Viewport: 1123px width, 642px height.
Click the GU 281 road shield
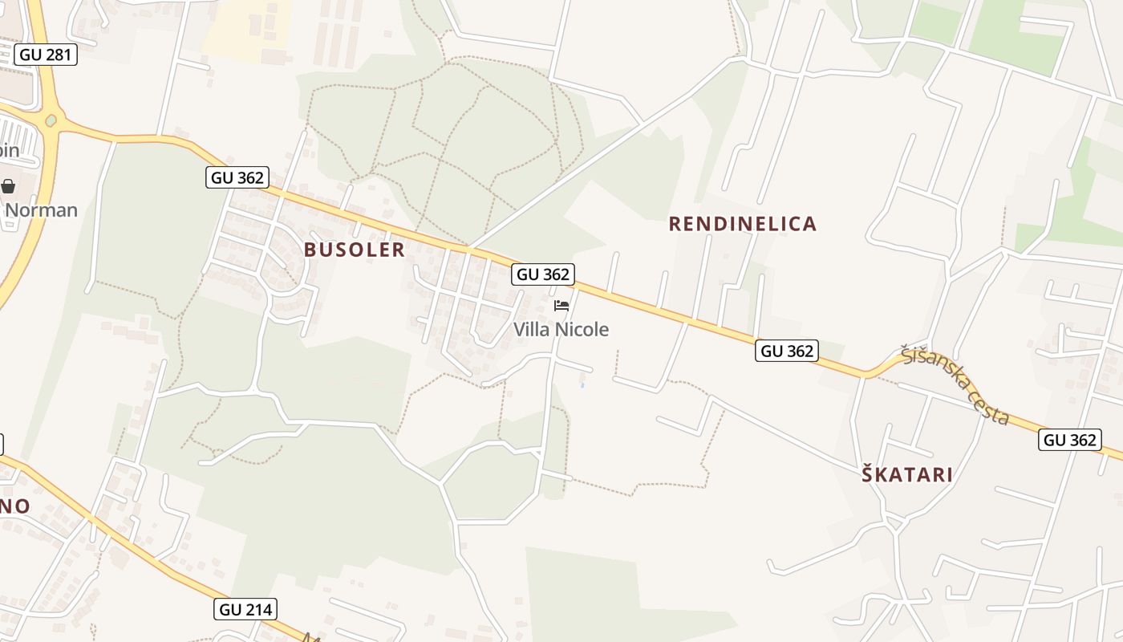(46, 55)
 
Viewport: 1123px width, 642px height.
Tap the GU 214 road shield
(246, 609)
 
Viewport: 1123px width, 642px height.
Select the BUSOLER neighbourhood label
(355, 250)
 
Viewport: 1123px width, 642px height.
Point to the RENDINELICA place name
(743, 224)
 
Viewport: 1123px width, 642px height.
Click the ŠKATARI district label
(907, 474)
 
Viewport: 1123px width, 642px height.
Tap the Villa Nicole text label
(561, 329)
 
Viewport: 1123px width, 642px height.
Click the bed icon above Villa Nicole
(561, 306)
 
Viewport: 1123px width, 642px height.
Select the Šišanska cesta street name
(955, 384)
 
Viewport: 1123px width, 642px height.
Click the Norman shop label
(41, 210)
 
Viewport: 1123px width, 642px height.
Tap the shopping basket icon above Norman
(8, 187)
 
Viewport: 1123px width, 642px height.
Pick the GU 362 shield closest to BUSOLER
(237, 177)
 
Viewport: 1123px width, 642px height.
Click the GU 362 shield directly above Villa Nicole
(543, 274)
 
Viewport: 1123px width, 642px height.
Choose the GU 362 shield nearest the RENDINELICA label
(786, 350)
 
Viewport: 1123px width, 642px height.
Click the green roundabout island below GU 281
(51, 120)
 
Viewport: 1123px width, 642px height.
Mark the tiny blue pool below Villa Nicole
(582, 385)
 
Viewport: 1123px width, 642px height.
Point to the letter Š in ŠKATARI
(868, 473)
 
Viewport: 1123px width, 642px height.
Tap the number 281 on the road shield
(59, 55)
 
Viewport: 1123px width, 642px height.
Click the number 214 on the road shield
(258, 609)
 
